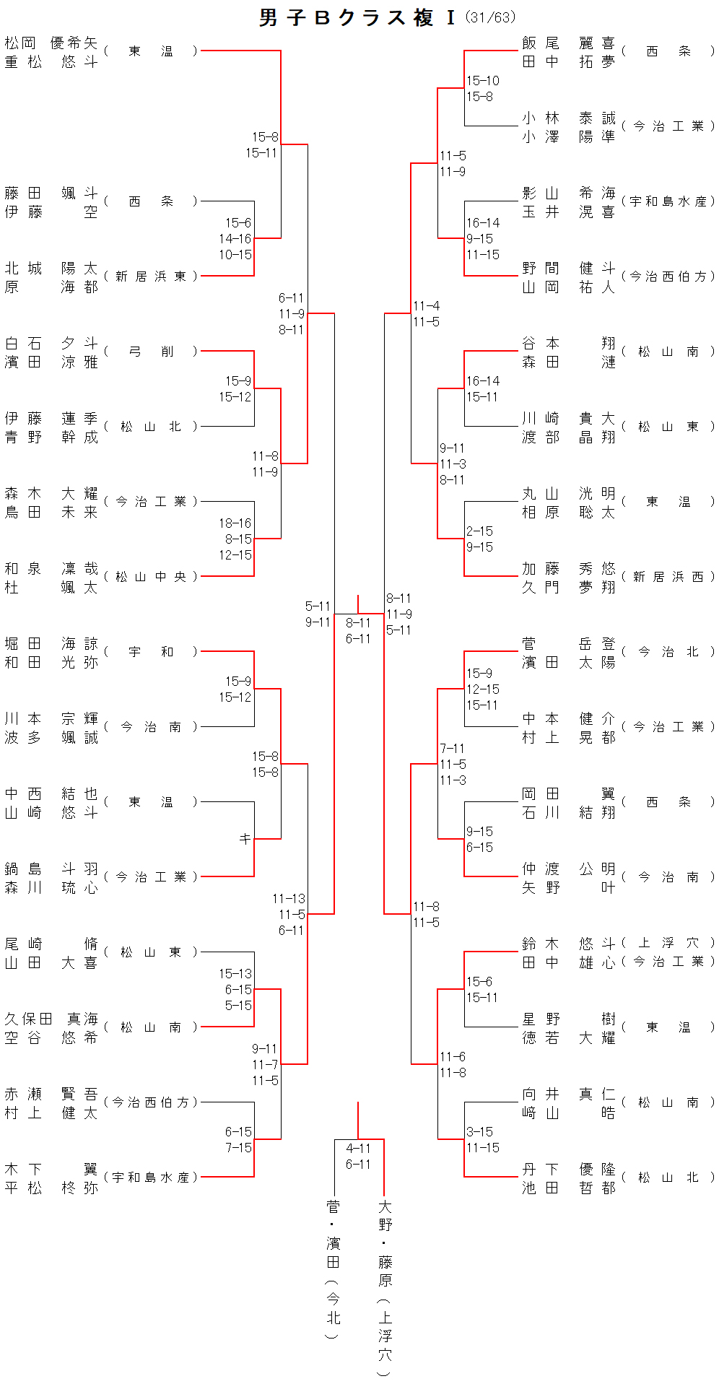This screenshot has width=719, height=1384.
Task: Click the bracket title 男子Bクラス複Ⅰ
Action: (358, 18)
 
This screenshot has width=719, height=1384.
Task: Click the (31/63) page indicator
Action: (491, 17)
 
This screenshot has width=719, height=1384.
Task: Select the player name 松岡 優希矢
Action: (51, 43)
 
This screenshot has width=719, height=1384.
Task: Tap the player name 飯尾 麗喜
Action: (569, 43)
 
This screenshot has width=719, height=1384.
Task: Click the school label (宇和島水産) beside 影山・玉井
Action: (668, 201)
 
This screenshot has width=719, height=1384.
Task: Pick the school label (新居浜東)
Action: (150, 277)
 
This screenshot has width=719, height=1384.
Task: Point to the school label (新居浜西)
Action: (668, 577)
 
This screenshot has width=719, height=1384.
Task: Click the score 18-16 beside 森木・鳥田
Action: (235, 523)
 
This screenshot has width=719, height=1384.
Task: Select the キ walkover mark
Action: (245, 839)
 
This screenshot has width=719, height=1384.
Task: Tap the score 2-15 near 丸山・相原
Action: (480, 531)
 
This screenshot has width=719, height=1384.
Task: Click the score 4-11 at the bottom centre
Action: (358, 1149)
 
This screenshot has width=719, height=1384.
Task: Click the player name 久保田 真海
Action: (51, 1019)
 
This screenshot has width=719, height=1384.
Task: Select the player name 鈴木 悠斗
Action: (569, 944)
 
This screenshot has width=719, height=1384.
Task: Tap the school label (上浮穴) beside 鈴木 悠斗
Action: (668, 943)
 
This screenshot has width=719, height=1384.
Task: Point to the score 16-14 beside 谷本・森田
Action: (483, 381)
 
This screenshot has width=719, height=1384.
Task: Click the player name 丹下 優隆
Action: (569, 1170)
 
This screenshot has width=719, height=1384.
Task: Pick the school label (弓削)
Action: (150, 352)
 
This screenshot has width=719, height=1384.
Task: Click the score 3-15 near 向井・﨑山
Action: (480, 1132)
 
